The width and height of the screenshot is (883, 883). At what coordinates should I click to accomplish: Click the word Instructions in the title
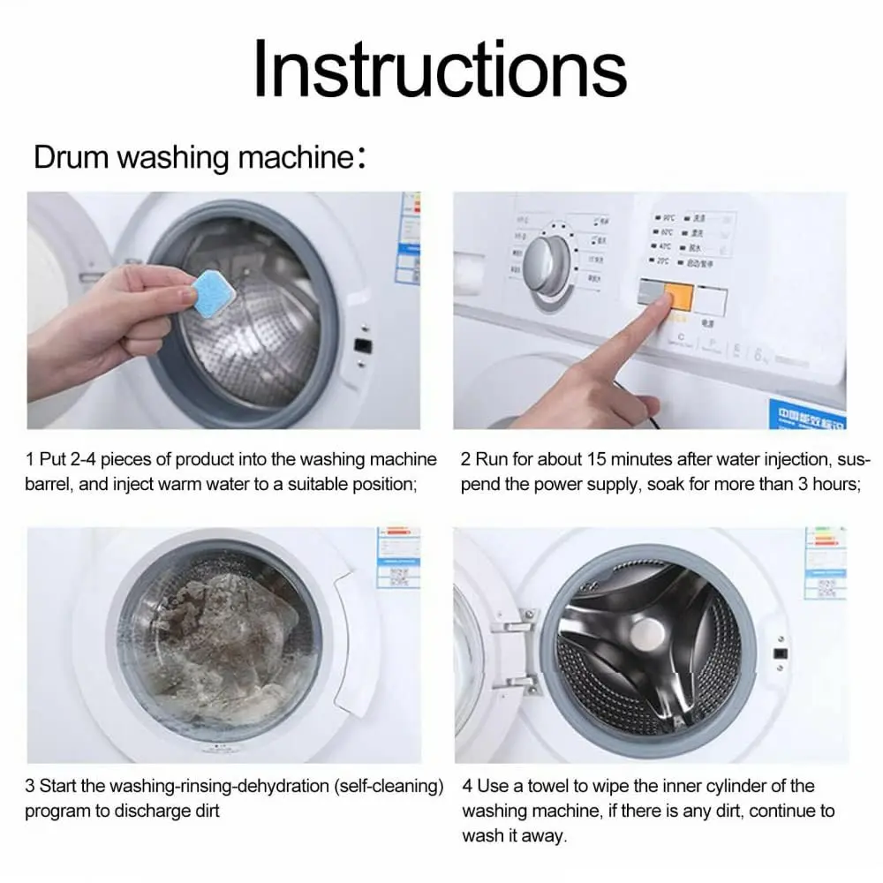(x=440, y=70)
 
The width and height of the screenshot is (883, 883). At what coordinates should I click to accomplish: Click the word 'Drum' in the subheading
(x=72, y=158)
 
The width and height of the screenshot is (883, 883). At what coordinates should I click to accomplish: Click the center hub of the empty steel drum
(x=653, y=634)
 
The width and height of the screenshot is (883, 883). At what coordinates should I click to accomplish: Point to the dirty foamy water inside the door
(x=221, y=645)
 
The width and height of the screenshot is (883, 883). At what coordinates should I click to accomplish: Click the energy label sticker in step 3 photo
(x=397, y=556)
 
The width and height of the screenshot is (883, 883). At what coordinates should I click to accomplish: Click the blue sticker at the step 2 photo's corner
(x=806, y=414)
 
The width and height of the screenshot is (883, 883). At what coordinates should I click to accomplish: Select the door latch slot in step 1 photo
(x=362, y=346)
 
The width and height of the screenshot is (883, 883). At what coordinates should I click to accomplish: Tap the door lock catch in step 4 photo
(x=781, y=654)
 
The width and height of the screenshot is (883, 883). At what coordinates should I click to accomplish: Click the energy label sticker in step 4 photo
(x=826, y=565)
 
